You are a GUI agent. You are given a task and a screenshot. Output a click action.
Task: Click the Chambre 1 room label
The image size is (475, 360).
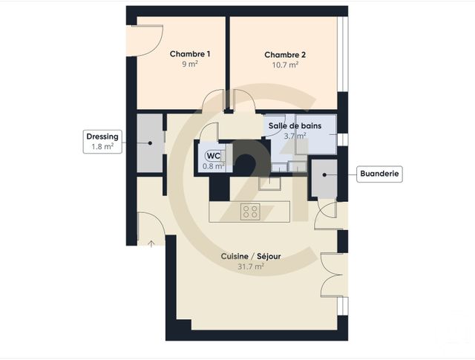click(x=190, y=54)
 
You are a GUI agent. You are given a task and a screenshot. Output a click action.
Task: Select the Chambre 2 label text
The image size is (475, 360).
click(x=285, y=54)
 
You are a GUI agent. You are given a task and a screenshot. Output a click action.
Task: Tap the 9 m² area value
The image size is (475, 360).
click(x=190, y=65)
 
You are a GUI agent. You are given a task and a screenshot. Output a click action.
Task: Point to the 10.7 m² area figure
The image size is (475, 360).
click(x=285, y=65)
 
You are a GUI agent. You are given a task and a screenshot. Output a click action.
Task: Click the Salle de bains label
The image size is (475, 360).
click(x=295, y=126)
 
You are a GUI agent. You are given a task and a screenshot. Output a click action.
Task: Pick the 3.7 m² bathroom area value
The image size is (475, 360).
click(x=295, y=137)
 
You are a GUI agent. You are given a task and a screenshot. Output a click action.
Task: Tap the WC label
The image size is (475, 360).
click(x=213, y=156)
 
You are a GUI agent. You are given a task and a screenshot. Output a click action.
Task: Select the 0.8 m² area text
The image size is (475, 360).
click(x=214, y=166)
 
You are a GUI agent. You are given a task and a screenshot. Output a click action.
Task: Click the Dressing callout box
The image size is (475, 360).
click(x=102, y=142)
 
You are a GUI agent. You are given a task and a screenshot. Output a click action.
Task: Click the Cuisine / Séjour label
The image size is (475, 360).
click(x=250, y=256)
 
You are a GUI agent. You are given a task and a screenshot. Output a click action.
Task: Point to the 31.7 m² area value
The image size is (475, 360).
click(x=250, y=267)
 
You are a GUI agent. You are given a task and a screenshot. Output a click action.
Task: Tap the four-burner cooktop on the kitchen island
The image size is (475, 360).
click(x=250, y=212)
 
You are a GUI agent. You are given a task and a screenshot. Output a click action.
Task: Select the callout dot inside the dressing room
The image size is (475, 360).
click(x=151, y=143)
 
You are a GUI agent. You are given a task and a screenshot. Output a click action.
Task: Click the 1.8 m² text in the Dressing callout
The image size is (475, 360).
click(x=102, y=147)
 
